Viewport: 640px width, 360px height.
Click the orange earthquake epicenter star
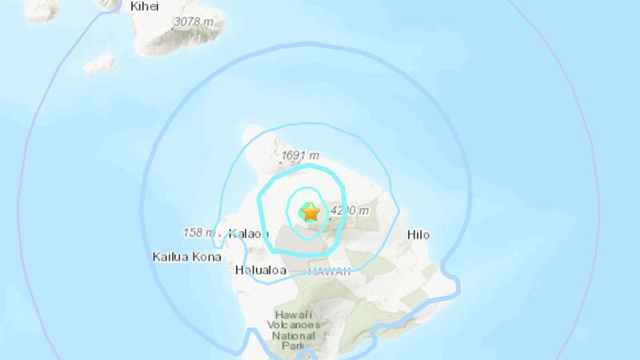310,212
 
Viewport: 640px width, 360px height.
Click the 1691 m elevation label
301,156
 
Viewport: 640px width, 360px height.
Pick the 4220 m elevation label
349,211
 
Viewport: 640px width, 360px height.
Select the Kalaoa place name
247,234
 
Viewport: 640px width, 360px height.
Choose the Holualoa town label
261,270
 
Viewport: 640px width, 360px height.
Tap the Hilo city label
418,234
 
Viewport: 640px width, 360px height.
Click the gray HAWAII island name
330,271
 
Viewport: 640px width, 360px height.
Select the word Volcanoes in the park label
298,326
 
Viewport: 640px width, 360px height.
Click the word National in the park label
298,337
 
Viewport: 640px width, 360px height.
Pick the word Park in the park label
298,348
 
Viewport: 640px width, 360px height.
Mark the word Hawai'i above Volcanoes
298,314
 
